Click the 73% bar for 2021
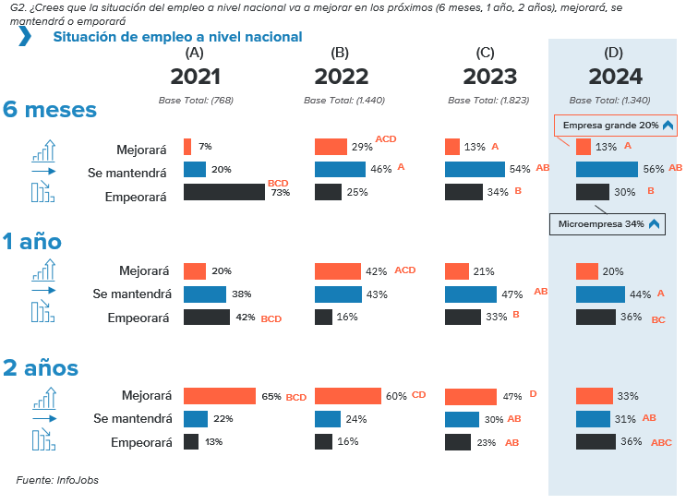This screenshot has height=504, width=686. (224, 192)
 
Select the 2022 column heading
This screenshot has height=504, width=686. (341, 77)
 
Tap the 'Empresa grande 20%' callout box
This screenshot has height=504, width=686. (616, 125)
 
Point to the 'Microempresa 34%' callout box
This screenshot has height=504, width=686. (608, 223)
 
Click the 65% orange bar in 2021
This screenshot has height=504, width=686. (220, 396)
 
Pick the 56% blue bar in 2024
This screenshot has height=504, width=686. (607, 169)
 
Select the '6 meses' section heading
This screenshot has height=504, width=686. (50, 110)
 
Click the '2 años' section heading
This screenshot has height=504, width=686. (41, 367)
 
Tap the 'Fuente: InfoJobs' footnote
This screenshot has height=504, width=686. (57, 480)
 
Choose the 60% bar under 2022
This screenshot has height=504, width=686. (347, 396)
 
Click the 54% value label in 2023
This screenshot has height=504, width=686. (519, 169)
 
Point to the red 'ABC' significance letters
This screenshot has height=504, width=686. (661, 443)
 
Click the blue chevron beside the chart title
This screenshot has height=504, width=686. (25, 36)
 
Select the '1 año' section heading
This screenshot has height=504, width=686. (32, 242)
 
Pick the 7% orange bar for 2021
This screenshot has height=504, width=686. (187, 146)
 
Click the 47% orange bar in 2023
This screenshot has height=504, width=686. (470, 396)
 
